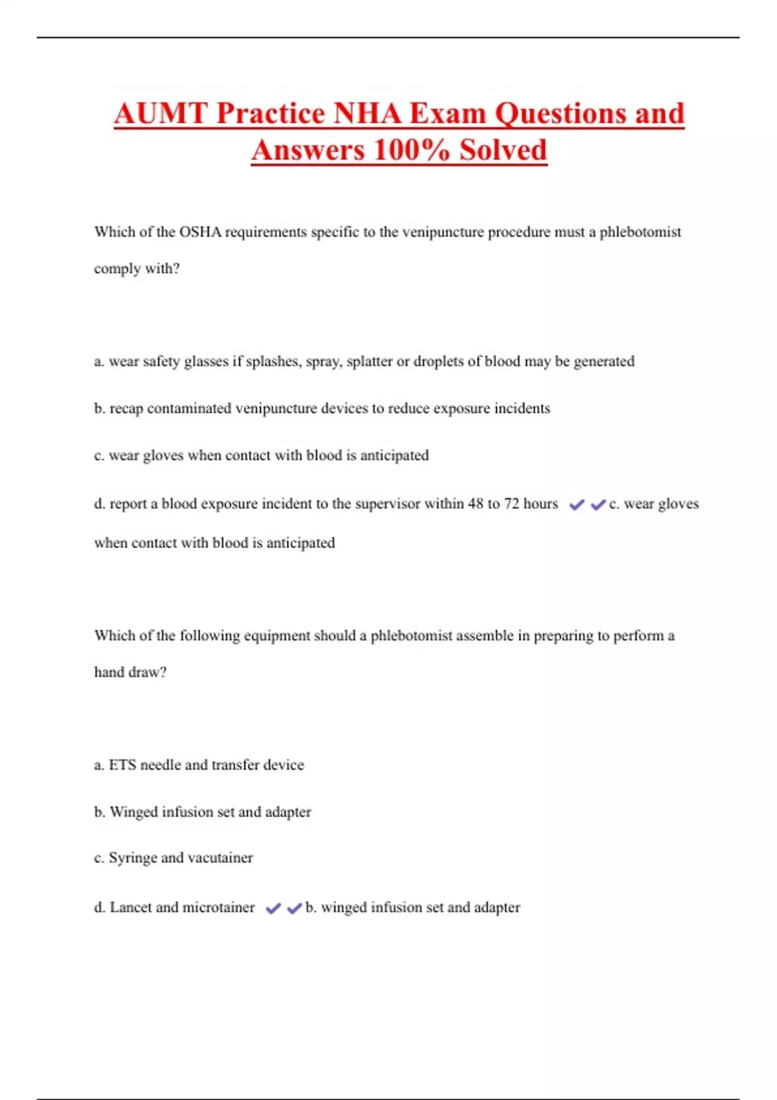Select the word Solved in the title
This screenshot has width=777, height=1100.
503,151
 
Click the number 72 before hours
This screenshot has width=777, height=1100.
511,503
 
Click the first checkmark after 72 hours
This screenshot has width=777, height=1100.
576,505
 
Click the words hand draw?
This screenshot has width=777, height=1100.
130,672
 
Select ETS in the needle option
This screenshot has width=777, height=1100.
122,765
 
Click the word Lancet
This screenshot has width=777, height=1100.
131,907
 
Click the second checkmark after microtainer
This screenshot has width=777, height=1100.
295,908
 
